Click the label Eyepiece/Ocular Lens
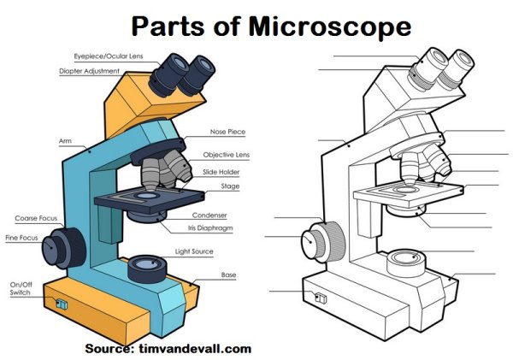coord(96,55)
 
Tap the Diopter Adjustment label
coord(89,71)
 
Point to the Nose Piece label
coord(227,133)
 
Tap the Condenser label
coord(209,215)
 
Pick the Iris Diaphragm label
coord(210,228)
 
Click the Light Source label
coord(194,251)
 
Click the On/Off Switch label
coord(21,288)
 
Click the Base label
coord(228,274)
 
